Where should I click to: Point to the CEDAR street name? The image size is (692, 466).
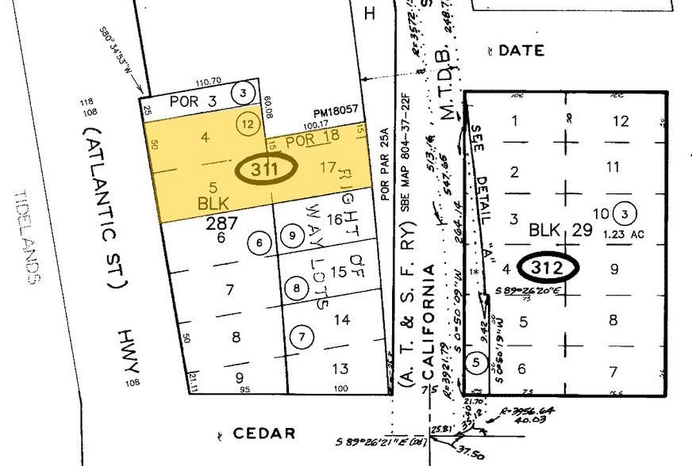click(264, 434)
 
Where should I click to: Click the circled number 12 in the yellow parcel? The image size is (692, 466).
click(248, 124)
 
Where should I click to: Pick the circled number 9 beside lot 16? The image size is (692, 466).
click(293, 235)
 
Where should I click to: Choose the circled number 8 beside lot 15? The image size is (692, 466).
click(296, 288)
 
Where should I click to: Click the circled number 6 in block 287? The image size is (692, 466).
click(259, 243)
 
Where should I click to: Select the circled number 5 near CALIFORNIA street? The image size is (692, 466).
click(475, 361)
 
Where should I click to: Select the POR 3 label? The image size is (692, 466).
click(188, 102)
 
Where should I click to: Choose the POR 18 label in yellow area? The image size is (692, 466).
click(306, 140)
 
